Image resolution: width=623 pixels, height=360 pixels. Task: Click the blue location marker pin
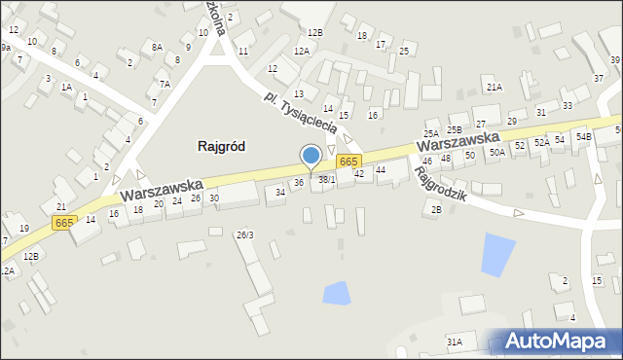click(311, 157)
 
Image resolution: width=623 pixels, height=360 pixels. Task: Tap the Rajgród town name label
click(221, 146)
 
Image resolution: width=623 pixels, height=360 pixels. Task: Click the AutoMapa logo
click(559, 342)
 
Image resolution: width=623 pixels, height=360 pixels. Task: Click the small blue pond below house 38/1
click(336, 290)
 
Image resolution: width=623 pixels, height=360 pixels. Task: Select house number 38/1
click(327, 179)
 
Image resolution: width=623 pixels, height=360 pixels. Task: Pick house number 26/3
click(245, 234)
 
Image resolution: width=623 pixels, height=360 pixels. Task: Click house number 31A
click(454, 342)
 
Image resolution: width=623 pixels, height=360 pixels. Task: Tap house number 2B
click(436, 209)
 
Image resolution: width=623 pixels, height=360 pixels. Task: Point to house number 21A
click(495, 88)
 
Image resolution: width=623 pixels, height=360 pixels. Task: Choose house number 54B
click(583, 137)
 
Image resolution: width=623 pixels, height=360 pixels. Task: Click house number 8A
click(157, 46)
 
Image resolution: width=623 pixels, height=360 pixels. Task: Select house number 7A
click(165, 84)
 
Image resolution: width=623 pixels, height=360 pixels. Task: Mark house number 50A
click(496, 152)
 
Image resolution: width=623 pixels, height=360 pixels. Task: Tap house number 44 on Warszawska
click(381, 170)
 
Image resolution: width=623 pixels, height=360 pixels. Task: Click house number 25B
click(455, 129)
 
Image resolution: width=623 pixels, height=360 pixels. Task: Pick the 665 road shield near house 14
click(64, 223)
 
